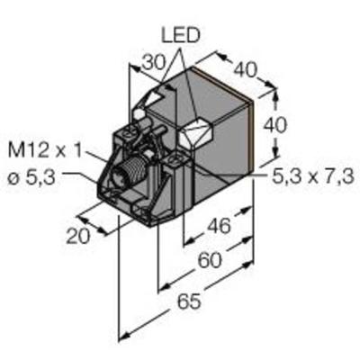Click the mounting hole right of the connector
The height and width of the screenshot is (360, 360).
click(x=175, y=162)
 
